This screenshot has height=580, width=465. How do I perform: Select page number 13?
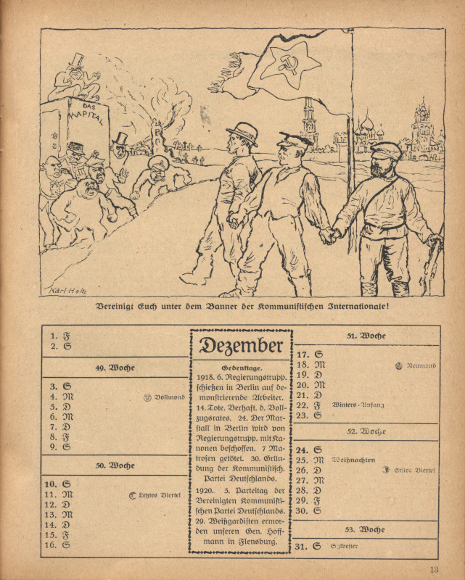pos(434,568)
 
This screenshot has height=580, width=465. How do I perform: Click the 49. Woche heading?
pos(115,368)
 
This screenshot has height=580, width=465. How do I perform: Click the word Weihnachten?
pos(353,460)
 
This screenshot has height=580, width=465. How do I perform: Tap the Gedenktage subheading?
pos(242,368)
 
